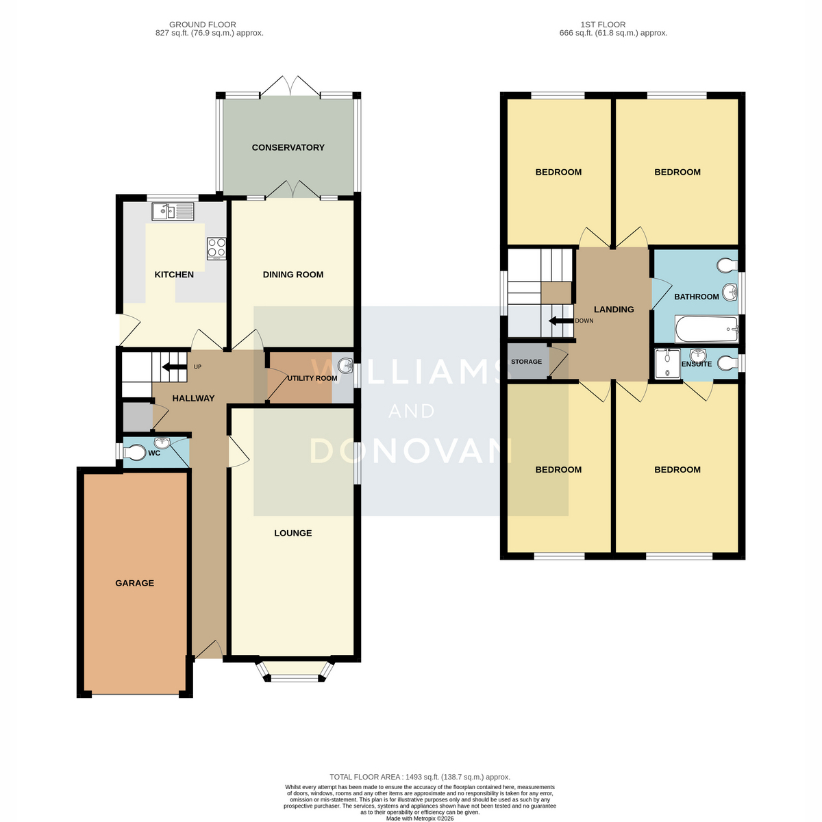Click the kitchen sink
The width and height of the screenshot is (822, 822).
[173, 211]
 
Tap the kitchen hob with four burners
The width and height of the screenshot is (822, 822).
[216, 248]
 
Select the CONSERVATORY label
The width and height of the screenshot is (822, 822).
[288, 147]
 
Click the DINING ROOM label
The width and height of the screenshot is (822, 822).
[293, 275]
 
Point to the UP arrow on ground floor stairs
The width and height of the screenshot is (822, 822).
[175, 366]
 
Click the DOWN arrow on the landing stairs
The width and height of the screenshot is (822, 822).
[560, 321]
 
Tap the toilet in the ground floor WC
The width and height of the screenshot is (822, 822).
[134, 453]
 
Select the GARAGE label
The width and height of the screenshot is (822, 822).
[134, 583]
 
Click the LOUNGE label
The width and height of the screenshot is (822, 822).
[293, 533]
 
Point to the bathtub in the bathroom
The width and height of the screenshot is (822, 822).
[706, 329]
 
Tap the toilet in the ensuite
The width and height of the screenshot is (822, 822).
[727, 364]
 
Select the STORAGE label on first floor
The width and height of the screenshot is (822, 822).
[526, 362]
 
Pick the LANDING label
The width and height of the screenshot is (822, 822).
[614, 310]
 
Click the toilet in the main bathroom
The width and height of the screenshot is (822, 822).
[727, 266]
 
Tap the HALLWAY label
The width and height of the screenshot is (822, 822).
[193, 399]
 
